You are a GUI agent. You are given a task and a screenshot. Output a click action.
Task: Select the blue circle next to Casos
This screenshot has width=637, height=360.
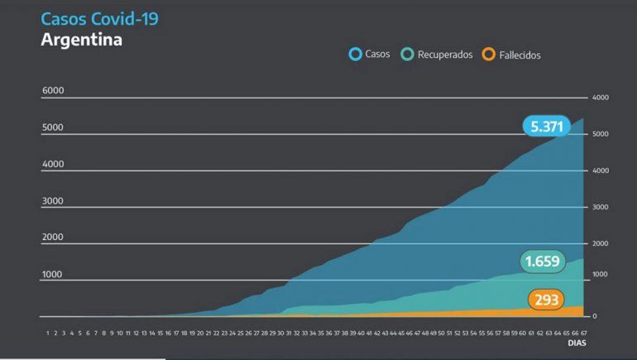355,55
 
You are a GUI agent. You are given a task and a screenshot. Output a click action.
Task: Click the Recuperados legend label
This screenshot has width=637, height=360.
445,55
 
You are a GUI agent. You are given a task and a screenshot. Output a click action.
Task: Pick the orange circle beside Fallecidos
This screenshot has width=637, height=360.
489,55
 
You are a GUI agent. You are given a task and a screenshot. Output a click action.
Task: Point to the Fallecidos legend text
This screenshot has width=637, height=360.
520,55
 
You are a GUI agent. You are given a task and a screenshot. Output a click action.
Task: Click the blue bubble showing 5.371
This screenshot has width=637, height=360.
547,126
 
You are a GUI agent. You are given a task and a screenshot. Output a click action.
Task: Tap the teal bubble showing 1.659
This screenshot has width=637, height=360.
542,262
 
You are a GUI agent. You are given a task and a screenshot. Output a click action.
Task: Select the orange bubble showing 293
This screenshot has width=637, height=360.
546,299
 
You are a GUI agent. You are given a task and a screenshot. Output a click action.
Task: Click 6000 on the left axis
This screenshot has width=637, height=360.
53,91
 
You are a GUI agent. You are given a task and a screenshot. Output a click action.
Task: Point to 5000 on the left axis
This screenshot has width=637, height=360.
53,127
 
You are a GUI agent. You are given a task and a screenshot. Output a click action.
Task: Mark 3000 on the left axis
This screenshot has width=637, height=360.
53,201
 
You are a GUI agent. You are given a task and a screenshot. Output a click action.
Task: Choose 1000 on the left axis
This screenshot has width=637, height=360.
53,274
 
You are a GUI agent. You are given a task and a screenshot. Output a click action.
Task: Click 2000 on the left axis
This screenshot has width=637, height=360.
53,238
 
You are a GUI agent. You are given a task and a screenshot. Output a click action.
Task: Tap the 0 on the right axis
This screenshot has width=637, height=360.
594,317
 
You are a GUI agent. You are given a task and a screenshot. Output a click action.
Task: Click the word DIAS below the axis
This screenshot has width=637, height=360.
576,341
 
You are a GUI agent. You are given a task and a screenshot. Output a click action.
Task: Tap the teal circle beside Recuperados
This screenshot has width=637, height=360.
407,55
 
